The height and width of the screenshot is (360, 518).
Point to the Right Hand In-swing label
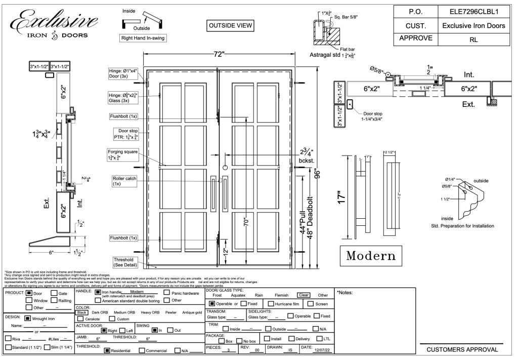pyautogui.click(x=143, y=38)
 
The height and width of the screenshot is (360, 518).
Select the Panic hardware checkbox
pyautogui.click(x=167, y=293)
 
